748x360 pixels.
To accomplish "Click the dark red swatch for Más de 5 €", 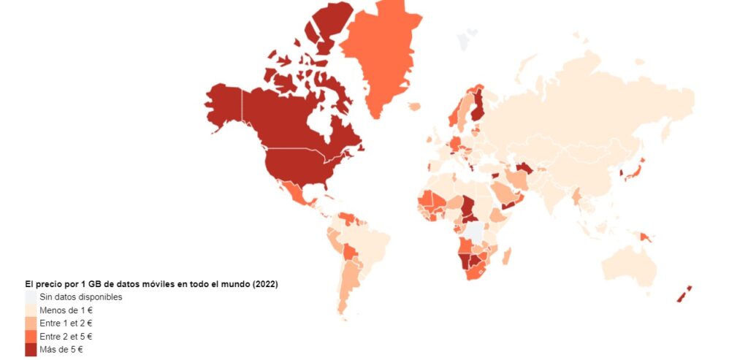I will click(x=30, y=350).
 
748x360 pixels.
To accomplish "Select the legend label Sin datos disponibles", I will click(x=80, y=297).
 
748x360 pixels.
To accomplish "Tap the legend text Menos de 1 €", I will click(x=66, y=310).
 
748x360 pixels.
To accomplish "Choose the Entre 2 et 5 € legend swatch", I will click(x=30, y=337).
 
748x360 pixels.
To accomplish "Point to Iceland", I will click(x=414, y=107).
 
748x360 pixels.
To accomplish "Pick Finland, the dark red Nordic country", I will click(x=478, y=106).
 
